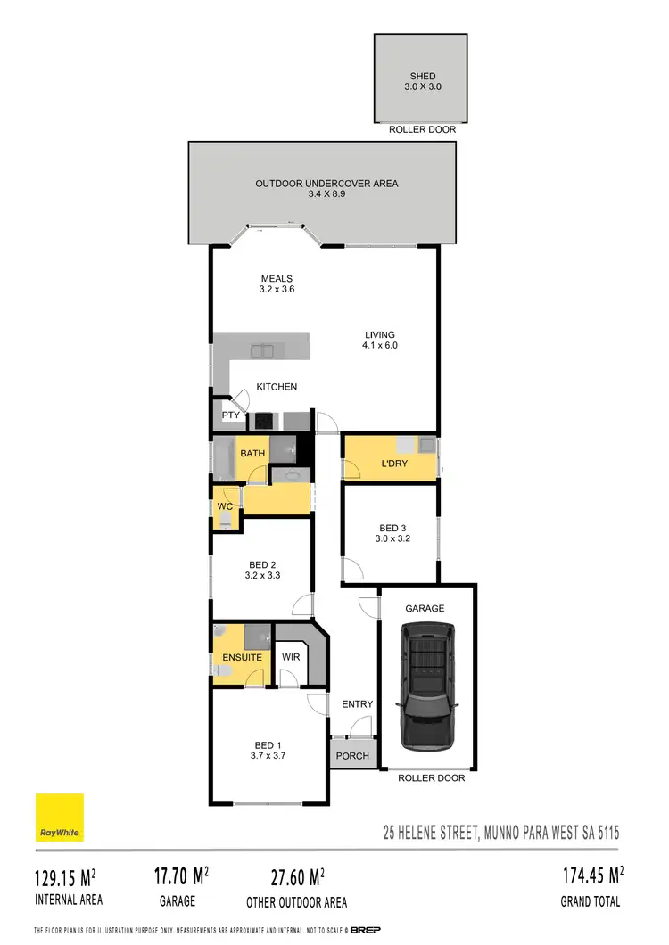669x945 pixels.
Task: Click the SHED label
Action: [422, 77]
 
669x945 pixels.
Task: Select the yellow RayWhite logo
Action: [60, 817]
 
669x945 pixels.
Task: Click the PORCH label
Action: [352, 756]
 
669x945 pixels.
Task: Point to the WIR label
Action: [290, 657]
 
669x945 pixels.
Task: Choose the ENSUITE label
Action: [242, 657]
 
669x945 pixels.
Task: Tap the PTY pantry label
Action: [230, 415]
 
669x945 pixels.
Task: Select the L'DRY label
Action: [394, 464]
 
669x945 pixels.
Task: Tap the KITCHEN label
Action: [277, 387]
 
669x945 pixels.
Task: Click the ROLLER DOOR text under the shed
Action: [422, 129]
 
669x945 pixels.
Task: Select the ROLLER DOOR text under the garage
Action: [431, 777]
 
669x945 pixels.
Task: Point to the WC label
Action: [225, 506]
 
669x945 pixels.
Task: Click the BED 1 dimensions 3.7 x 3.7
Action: [266, 755]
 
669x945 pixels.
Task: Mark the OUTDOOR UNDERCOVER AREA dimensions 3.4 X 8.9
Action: [326, 193]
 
